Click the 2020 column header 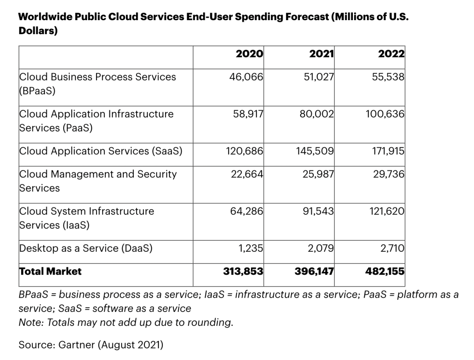249,54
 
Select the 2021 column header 321,54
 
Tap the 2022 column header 391,54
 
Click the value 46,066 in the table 246,77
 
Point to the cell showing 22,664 247,174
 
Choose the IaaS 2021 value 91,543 318,211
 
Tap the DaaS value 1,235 251,248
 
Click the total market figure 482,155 384,271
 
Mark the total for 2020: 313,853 243,271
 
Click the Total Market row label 50,271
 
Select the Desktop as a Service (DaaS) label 86,248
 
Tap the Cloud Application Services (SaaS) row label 101,151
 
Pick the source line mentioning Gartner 91,345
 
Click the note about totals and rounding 126,322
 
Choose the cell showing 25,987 318,174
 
